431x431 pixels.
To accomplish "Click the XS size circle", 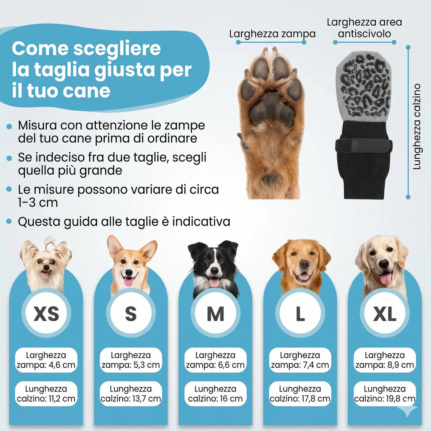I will (46, 314).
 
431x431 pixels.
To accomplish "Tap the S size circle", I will (131, 314).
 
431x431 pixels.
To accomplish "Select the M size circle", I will (215, 314).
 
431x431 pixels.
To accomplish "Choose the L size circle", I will (300, 314).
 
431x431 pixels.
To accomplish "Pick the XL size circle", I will (385, 314).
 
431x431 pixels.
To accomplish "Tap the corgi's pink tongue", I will (128, 282).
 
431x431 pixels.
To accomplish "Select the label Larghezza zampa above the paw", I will (272, 34).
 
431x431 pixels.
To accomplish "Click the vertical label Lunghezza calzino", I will (417, 127).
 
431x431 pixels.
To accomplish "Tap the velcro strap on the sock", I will (364, 145).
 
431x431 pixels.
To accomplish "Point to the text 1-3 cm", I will (38, 202).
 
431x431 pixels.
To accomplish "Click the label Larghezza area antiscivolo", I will (364, 28).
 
